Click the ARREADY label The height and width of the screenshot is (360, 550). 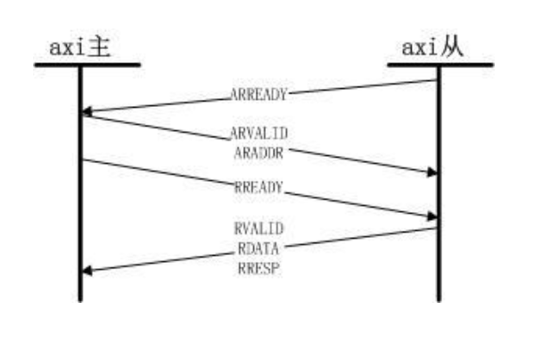click(x=259, y=94)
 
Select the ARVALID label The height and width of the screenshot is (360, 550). click(x=259, y=133)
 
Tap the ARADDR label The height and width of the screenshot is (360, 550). click(x=259, y=153)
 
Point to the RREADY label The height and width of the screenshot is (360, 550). click(x=259, y=187)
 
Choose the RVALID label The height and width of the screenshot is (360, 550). click(x=259, y=228)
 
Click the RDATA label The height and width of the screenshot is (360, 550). click(x=259, y=249)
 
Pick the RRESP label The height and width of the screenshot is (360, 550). click(x=259, y=269)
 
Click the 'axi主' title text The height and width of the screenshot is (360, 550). click(x=80, y=47)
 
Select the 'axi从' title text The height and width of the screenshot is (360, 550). click(x=432, y=47)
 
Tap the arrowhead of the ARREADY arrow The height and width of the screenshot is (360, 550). click(x=87, y=111)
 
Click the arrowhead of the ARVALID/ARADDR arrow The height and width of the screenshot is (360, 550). click(x=431, y=172)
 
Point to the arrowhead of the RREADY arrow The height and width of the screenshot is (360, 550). click(x=431, y=217)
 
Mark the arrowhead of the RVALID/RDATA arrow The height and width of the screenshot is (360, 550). click(x=87, y=271)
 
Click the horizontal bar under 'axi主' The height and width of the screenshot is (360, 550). click(x=87, y=65)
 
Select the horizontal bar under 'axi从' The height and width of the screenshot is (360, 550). click(x=440, y=65)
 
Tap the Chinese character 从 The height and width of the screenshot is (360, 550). click(x=452, y=47)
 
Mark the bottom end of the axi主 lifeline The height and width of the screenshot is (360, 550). click(x=80, y=301)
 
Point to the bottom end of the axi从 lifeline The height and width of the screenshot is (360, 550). click(x=439, y=301)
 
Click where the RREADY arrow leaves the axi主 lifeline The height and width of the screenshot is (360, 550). click(x=83, y=160)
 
